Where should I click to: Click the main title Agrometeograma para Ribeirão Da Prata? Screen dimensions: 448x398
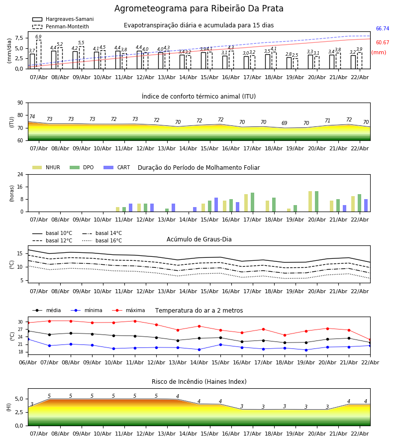(199, 9)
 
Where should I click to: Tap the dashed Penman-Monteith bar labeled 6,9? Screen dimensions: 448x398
(38, 54)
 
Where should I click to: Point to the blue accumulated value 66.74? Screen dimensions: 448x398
(383, 29)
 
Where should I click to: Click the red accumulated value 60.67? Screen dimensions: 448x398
(383, 43)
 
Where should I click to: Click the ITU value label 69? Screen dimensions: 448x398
(285, 123)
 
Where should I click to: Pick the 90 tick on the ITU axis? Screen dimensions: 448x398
(20, 103)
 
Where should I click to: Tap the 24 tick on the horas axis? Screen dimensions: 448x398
(20, 175)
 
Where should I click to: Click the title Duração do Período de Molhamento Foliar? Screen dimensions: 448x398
(199, 168)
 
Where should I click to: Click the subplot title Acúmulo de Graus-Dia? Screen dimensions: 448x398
(199, 239)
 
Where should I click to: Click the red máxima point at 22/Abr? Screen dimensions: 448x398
(370, 339)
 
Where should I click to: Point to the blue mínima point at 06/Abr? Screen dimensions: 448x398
(28, 339)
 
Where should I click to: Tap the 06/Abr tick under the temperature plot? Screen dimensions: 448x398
(28, 362)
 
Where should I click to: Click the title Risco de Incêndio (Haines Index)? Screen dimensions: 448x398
(199, 382)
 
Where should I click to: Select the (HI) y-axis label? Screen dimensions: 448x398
(9, 407)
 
